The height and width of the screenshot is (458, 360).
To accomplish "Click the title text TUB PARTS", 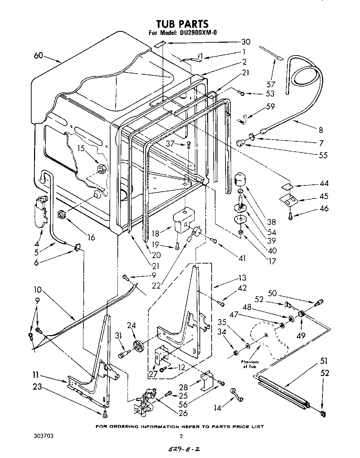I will pos(182,24).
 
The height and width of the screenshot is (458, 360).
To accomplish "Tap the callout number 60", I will pos(39,55).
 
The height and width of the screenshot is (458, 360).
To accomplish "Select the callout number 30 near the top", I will pos(246,42).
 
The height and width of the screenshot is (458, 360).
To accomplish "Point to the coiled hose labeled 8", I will pos(306,80).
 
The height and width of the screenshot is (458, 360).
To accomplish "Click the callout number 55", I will pos(323,155).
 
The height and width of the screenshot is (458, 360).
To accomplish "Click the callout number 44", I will pos(324,183).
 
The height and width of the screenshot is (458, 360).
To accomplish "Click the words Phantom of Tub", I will pos(250,364).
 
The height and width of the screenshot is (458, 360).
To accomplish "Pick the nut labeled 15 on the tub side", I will pos(101,169).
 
